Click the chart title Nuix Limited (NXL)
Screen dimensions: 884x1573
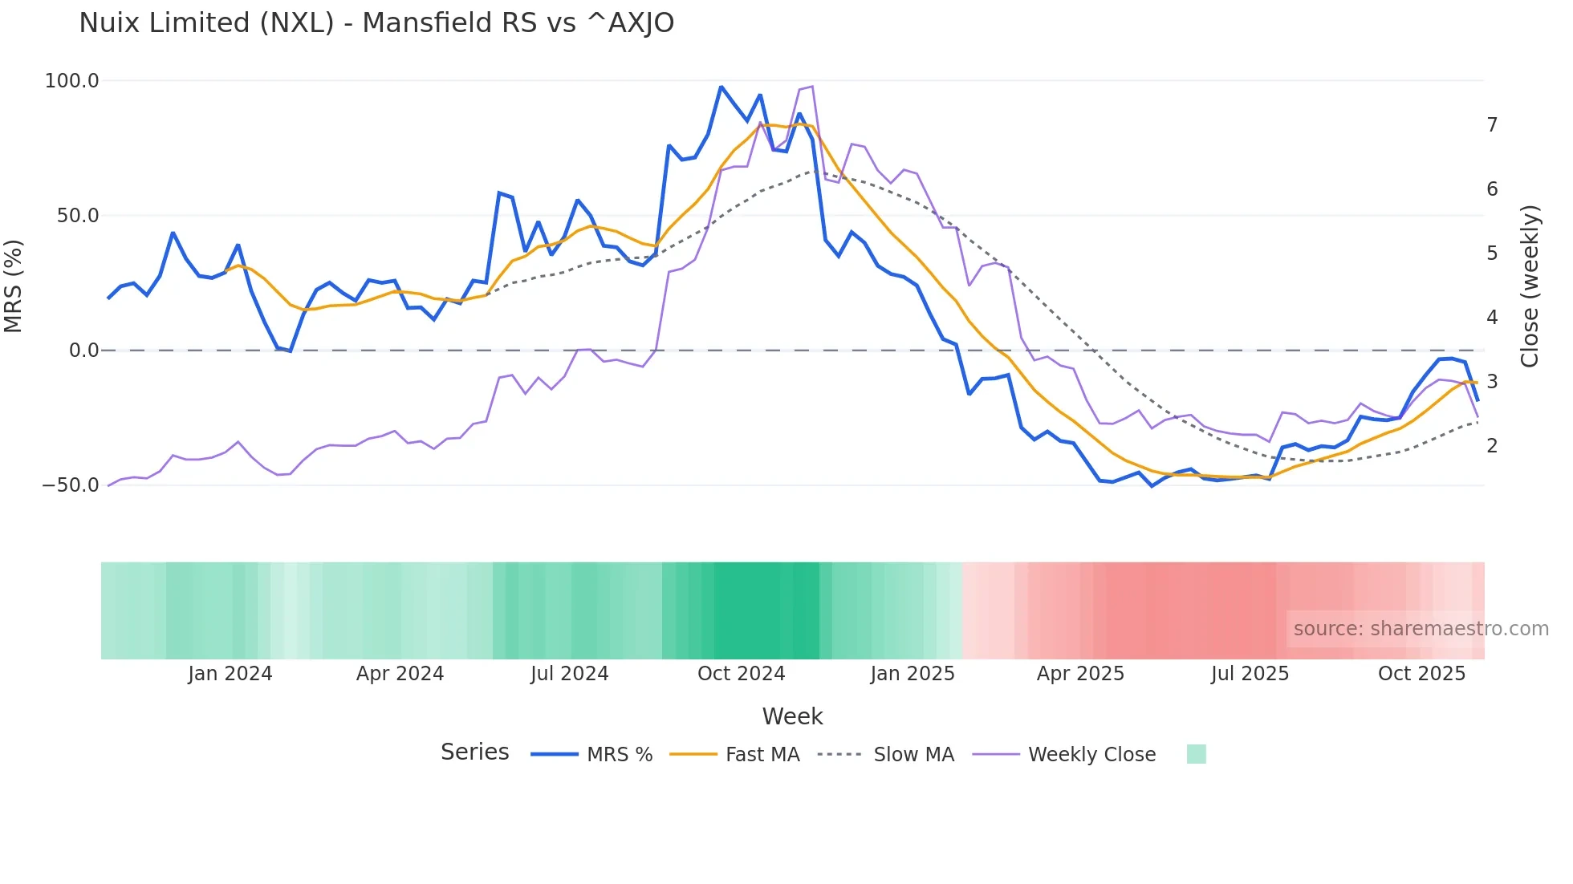(x=376, y=23)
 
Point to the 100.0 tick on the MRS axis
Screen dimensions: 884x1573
(x=71, y=81)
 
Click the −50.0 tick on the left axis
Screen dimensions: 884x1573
(x=70, y=485)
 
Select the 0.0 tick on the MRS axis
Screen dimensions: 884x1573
(x=83, y=351)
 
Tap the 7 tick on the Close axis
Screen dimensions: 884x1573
(x=1492, y=125)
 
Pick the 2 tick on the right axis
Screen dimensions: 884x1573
(x=1492, y=446)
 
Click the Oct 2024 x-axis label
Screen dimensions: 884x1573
(x=741, y=674)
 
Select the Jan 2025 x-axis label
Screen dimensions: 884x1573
(x=913, y=674)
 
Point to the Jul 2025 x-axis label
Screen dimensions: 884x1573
(x=1250, y=674)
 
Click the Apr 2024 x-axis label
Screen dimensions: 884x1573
(x=400, y=674)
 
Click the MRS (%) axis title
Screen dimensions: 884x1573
(x=14, y=286)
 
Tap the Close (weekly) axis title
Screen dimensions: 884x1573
(x=1530, y=286)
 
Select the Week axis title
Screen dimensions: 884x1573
(x=792, y=716)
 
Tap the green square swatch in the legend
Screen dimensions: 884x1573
(x=1196, y=754)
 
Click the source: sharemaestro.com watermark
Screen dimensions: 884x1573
(x=1421, y=629)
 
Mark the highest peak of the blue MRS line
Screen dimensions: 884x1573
(x=721, y=87)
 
